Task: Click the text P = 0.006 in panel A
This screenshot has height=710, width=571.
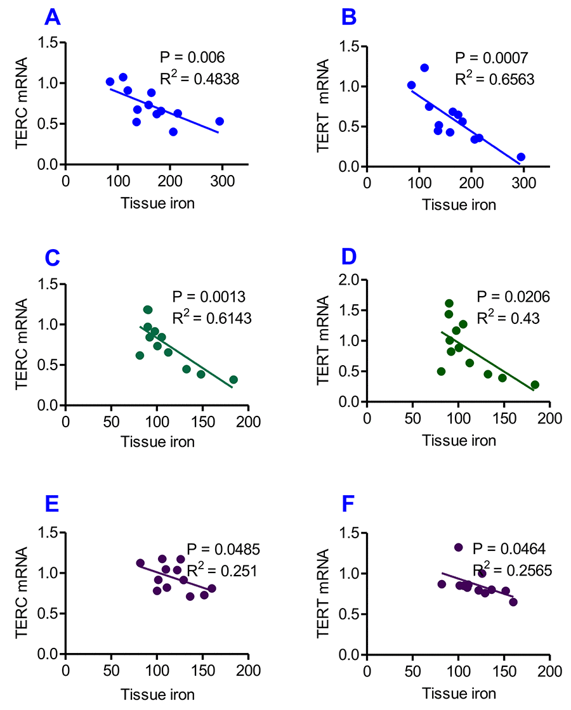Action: coord(192,58)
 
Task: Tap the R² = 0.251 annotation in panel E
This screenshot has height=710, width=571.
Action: coord(221,570)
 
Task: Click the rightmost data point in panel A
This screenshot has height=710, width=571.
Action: coord(220,121)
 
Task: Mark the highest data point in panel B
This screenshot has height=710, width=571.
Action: coord(424,68)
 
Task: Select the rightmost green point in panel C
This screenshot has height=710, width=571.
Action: coord(233,380)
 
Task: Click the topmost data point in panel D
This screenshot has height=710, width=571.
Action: coord(449,303)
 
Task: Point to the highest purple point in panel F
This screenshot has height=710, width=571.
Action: coord(459,547)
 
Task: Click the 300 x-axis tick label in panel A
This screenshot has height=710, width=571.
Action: coord(221,181)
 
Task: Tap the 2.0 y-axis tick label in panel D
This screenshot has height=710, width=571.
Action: coord(351,280)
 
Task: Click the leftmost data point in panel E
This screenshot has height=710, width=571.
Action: coord(140,563)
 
